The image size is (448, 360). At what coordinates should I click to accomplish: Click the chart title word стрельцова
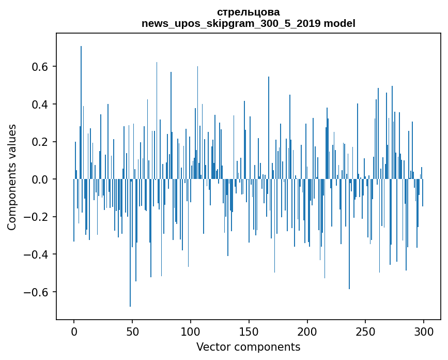(248, 12)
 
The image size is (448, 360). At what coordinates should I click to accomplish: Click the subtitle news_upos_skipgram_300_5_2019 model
(248, 23)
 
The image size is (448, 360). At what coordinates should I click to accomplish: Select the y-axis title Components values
(12, 177)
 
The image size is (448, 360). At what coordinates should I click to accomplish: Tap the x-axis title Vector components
(248, 347)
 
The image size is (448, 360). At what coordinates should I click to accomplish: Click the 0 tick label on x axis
(74, 331)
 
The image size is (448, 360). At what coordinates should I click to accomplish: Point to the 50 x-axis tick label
(132, 331)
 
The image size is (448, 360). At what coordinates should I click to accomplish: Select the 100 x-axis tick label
(191, 331)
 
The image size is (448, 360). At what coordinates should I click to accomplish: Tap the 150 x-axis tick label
(249, 331)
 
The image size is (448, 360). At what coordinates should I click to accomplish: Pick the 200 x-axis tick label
(307, 331)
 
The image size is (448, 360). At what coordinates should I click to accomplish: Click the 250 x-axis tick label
(366, 331)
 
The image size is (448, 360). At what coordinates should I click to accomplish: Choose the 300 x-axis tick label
(424, 331)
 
